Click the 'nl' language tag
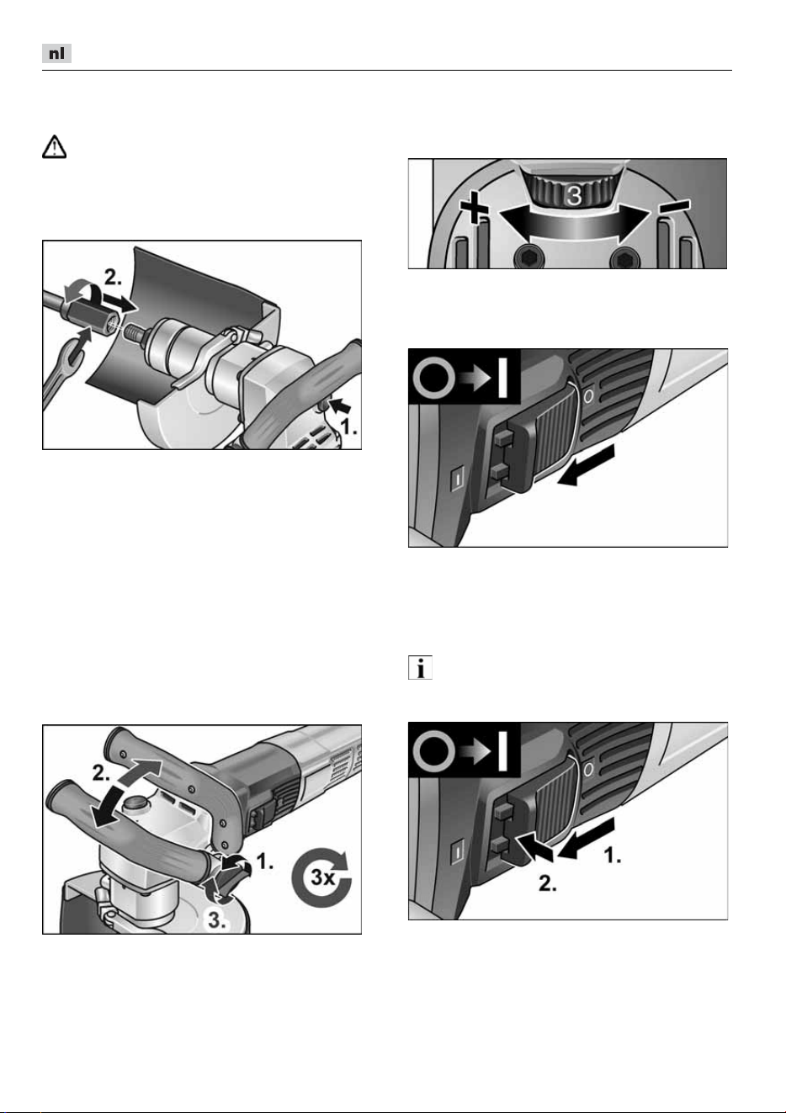[56, 53]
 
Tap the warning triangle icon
[54, 147]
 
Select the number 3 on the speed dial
[574, 195]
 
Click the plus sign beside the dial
[474, 209]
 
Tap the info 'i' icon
[421, 668]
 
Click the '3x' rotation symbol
[321, 877]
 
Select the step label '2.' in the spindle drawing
[113, 278]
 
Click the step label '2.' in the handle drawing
[101, 774]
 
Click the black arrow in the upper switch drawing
[587, 465]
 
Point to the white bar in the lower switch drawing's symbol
[502, 749]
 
